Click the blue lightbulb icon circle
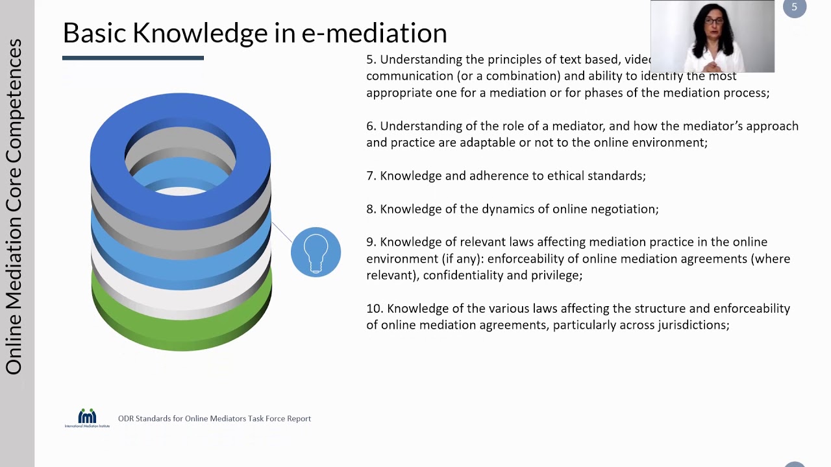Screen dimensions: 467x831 (x=316, y=252)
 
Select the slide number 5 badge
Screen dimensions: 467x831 (x=794, y=7)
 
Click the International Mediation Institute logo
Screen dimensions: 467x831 (x=87, y=418)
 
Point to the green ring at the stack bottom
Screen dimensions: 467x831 (x=182, y=331)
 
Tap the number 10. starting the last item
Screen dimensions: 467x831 (x=375, y=309)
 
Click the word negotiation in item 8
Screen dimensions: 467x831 (x=625, y=209)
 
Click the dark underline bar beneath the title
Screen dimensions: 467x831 (x=133, y=58)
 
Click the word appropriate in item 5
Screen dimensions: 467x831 (x=399, y=93)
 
